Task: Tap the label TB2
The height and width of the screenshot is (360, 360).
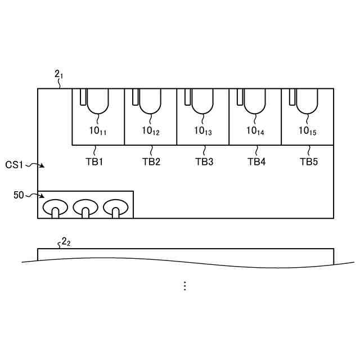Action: [151, 162]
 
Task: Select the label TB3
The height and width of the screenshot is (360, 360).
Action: [204, 162]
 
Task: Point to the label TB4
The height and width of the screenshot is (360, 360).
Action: [256, 162]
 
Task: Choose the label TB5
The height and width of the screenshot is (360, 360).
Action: [308, 162]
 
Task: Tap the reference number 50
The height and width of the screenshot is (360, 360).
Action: [18, 195]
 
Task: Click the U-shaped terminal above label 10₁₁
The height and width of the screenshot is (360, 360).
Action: [98, 101]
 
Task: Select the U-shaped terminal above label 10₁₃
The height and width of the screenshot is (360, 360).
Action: [202, 101]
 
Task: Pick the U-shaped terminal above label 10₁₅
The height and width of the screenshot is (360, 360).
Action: [307, 101]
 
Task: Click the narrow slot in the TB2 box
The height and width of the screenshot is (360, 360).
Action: [136, 97]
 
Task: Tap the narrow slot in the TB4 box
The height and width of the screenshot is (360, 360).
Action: [240, 97]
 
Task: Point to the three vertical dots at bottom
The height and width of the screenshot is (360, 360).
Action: [184, 286]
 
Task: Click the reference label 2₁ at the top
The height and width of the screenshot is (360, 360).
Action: [58, 75]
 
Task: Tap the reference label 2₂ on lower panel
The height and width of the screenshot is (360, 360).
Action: [66, 242]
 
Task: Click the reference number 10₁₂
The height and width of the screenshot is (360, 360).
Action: [151, 131]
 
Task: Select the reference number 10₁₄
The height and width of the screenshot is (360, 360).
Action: [255, 131]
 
